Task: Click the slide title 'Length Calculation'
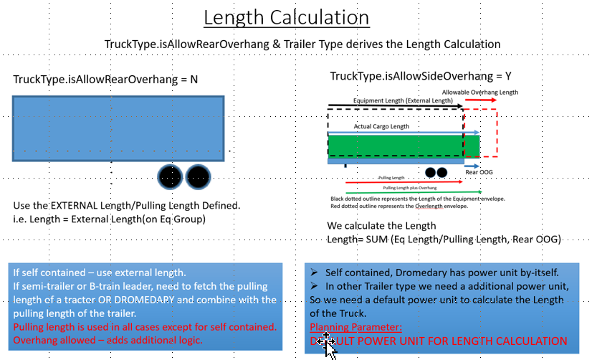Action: [295, 17]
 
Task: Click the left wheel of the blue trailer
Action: [171, 176]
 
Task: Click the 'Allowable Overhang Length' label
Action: [479, 93]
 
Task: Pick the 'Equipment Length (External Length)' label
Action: [404, 101]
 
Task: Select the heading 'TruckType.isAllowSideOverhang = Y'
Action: [420, 76]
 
